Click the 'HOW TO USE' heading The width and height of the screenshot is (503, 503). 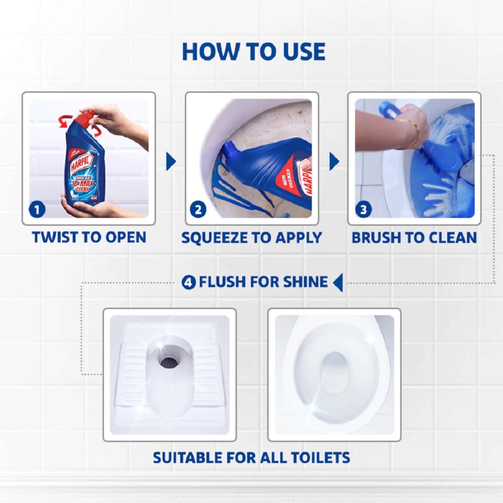[253, 52]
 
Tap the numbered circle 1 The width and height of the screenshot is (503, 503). [37, 210]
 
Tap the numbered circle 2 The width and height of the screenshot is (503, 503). [198, 210]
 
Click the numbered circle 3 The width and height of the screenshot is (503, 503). [363, 210]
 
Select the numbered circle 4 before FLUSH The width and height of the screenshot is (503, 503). [189, 282]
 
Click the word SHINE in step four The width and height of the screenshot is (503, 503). [305, 282]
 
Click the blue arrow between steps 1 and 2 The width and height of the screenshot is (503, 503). [170, 161]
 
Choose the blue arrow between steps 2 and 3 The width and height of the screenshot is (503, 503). [334, 161]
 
